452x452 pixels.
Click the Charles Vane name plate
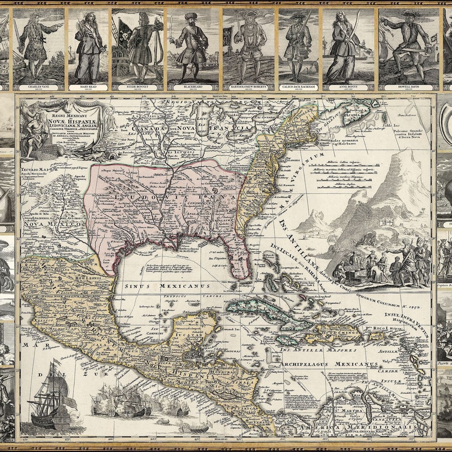click(38, 88)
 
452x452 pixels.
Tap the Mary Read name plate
click(88, 88)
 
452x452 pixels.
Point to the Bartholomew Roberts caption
click(248, 88)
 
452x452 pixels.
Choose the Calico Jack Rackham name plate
click(298, 88)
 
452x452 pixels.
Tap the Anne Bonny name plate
click(348, 88)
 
